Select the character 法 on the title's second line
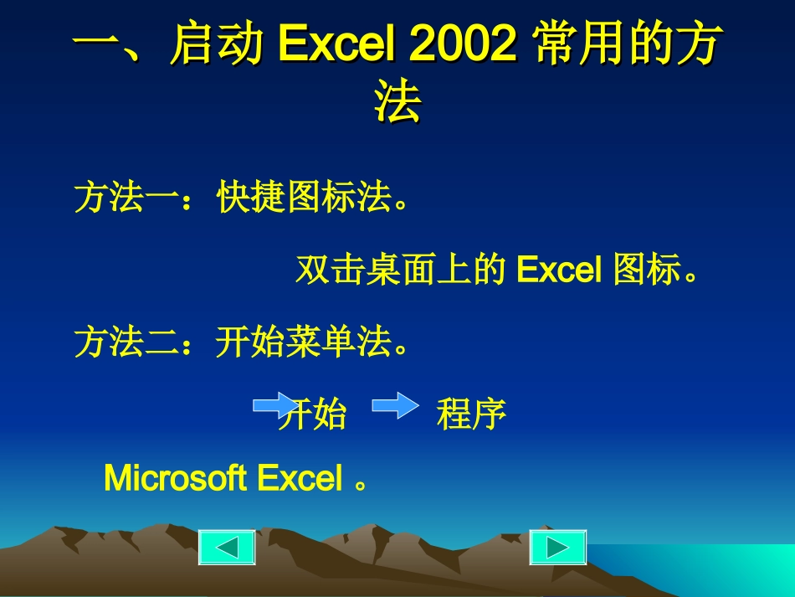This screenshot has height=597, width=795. click(x=397, y=104)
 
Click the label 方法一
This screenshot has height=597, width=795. click(x=126, y=198)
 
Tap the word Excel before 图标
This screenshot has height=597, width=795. click(x=560, y=270)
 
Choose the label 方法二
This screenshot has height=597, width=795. click(x=126, y=342)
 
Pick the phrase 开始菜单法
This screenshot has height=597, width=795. click(x=304, y=342)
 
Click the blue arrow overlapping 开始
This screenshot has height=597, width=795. click(x=274, y=406)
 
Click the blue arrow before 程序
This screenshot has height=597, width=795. click(x=394, y=406)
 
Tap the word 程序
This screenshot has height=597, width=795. click(x=471, y=414)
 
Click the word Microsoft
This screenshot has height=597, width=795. click(x=175, y=479)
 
